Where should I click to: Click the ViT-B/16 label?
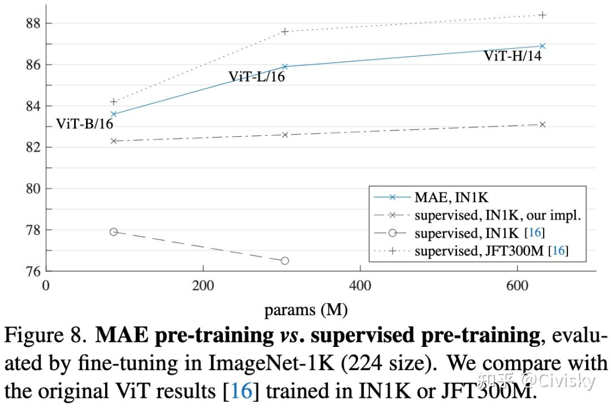[x=85, y=124]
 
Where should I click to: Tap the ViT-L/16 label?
[x=256, y=76]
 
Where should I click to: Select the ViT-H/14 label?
[x=513, y=55]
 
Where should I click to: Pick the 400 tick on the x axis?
[x=360, y=285]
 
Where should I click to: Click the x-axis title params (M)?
[x=305, y=310]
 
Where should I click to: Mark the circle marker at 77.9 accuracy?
[x=114, y=232]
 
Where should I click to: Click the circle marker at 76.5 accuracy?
[x=285, y=261]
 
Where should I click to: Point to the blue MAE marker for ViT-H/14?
[x=543, y=46]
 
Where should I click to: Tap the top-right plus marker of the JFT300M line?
[x=543, y=15]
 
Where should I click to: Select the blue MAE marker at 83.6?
[x=114, y=114]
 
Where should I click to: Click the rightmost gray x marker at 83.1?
[x=543, y=124]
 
